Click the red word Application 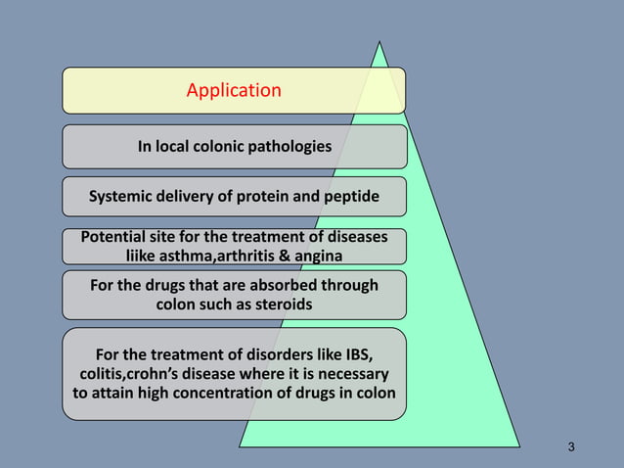point(234,91)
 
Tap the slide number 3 point(571,447)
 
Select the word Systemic point(122,198)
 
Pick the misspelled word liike point(141,257)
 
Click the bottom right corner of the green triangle point(521,447)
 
